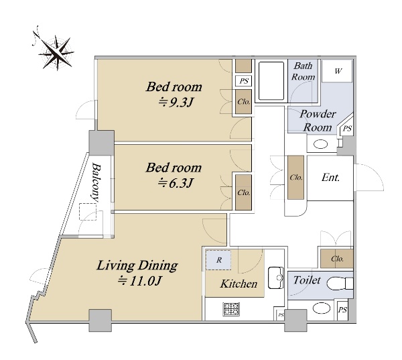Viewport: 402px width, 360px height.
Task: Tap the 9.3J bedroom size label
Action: (176, 103)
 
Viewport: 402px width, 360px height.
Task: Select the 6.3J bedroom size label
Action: (176, 184)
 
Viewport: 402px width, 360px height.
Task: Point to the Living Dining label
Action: (137, 265)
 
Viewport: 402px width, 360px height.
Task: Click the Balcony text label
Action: (96, 182)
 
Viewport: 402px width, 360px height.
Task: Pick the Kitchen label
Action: (239, 284)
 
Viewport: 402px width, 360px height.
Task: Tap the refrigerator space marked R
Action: (218, 260)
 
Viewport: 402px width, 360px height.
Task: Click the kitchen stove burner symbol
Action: (232, 309)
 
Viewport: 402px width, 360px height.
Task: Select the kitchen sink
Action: (276, 278)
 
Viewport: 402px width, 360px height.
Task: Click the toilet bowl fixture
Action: (340, 284)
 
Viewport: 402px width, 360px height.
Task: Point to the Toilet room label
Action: (307, 280)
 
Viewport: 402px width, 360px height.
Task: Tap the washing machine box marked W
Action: (337, 71)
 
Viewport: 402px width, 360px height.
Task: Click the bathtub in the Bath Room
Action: (271, 81)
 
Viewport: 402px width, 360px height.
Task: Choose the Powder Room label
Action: (318, 121)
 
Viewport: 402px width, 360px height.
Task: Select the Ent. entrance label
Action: (331, 178)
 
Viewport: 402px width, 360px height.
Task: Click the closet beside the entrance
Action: (295, 177)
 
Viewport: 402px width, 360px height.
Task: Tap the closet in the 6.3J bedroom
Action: (243, 192)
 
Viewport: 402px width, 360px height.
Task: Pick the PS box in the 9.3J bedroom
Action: (244, 81)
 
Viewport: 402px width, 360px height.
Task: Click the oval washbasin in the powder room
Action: (321, 144)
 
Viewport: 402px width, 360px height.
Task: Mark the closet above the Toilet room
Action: (337, 259)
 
